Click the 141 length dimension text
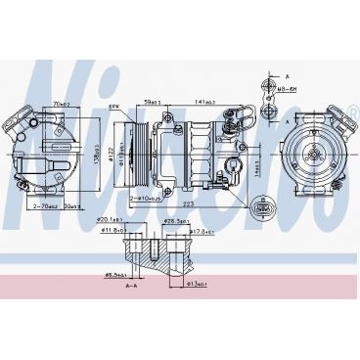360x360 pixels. [x=206, y=100]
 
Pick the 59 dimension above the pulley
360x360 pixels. [x=152, y=100]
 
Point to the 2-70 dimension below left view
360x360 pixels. [x=43, y=207]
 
